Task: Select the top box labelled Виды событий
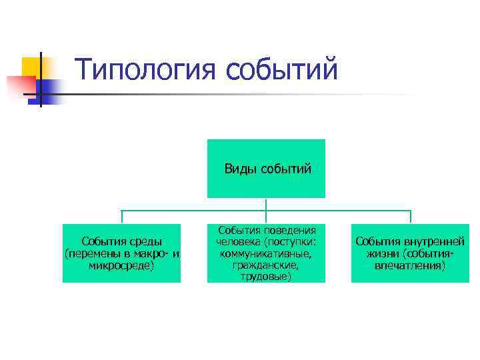pyautogui.click(x=266, y=169)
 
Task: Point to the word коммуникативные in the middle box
pyautogui.click(x=266, y=253)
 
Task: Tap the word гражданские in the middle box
pyautogui.click(x=266, y=265)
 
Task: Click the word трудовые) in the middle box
pyautogui.click(x=266, y=276)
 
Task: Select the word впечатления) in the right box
pyautogui.click(x=410, y=265)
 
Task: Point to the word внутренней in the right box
pyautogui.click(x=434, y=241)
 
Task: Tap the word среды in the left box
pyautogui.click(x=145, y=241)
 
